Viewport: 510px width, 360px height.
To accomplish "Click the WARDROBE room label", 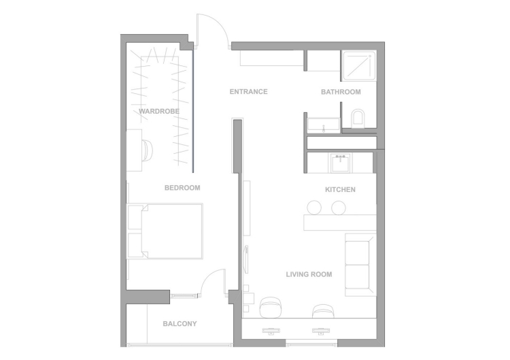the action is [x=159, y=112].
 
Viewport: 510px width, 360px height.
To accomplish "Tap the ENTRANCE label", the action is [x=248, y=92].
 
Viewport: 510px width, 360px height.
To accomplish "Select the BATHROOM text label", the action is [x=341, y=92].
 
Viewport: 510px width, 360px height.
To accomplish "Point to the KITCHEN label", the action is [x=340, y=190].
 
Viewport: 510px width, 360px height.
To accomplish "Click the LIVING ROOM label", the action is [x=309, y=274].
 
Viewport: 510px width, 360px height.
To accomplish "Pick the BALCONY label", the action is [x=180, y=324].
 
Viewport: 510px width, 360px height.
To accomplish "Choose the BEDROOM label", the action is [x=182, y=188].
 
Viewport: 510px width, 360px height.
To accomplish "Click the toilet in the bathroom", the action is [x=358, y=118].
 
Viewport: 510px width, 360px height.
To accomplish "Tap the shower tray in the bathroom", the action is [x=358, y=66].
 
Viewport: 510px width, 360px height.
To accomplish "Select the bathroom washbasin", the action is [x=324, y=124].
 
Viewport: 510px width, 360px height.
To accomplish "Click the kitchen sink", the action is [x=341, y=163].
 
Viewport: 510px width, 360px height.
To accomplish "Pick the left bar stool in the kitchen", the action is [x=314, y=208].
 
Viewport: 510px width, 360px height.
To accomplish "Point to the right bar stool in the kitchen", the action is [x=338, y=208].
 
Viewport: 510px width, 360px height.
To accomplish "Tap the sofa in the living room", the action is [x=359, y=265].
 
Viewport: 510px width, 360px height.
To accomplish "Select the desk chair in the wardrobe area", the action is [x=148, y=150].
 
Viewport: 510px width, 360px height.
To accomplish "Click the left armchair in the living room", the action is [x=270, y=307].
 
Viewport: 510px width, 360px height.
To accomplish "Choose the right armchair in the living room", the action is [x=323, y=311].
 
